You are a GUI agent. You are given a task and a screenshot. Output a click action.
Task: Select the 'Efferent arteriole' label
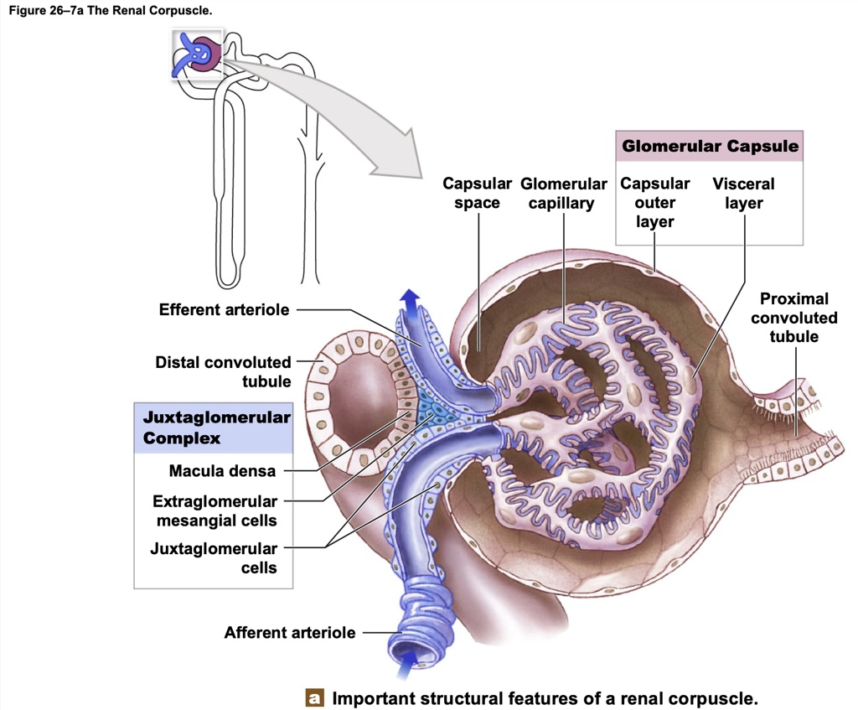point(225,310)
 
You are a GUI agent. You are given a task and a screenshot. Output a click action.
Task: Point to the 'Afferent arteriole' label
point(289,633)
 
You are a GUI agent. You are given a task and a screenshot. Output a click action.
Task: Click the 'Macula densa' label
point(222,471)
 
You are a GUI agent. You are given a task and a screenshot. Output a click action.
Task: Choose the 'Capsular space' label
point(477,193)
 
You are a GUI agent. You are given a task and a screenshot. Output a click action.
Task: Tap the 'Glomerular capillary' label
point(563,193)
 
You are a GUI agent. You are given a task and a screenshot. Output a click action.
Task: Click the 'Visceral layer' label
point(743,193)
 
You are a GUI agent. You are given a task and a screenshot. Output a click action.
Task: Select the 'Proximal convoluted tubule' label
point(793,318)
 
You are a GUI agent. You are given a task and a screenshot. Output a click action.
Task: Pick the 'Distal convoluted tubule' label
point(223,371)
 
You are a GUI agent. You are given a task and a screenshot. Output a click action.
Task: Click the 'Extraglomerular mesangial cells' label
point(214,510)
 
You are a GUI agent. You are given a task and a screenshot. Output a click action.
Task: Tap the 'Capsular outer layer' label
point(655,202)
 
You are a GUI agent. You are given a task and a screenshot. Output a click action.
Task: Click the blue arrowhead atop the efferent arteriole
point(411,298)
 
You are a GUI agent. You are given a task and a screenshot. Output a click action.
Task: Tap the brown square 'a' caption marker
point(315,697)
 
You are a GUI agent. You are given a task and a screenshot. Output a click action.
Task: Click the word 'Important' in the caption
point(372,697)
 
